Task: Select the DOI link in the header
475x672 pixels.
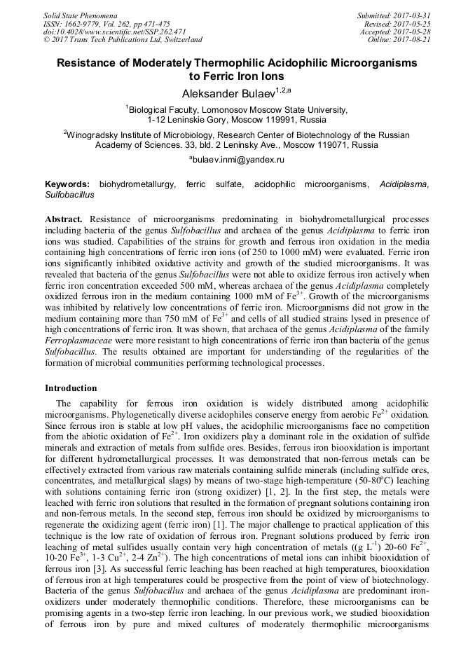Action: click(114, 32)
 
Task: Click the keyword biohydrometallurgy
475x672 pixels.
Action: click(137, 184)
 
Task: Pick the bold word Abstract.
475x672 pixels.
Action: click(64, 220)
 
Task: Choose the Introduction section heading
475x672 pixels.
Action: click(71, 388)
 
